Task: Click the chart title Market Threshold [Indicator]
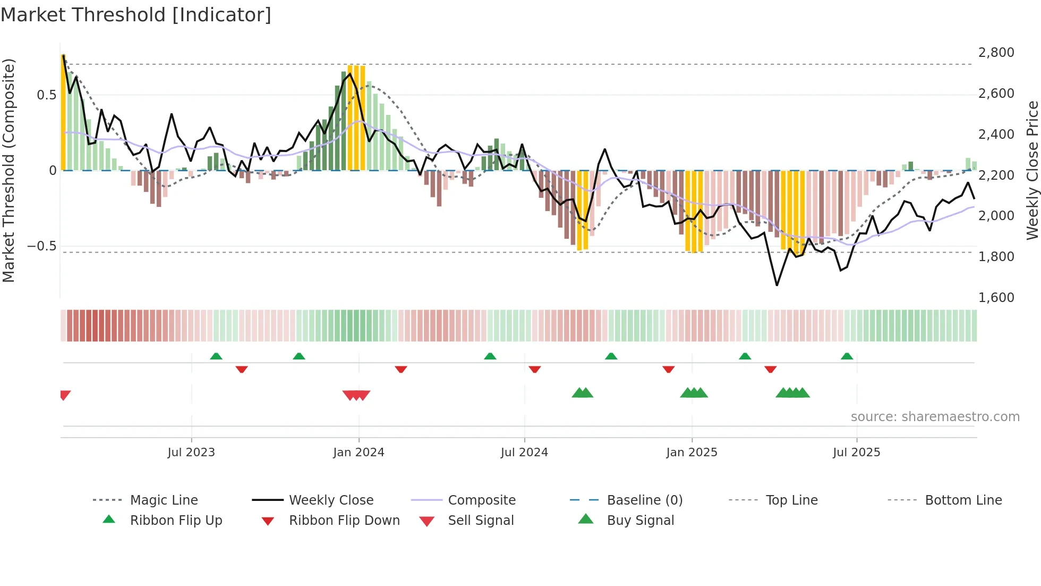click(x=136, y=15)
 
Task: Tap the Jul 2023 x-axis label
click(x=191, y=453)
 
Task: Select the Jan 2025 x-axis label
click(x=692, y=453)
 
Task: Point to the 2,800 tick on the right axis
click(x=996, y=53)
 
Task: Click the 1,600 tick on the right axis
click(x=996, y=297)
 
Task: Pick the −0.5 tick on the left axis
click(x=41, y=246)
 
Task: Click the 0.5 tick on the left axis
click(x=46, y=95)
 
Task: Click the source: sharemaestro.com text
click(x=935, y=417)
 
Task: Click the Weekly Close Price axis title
click(x=1032, y=170)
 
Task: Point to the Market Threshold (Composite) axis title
click(x=8, y=170)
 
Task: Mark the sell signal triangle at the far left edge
click(x=65, y=395)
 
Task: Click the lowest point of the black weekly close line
click(x=777, y=285)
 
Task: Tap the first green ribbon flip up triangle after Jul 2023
click(x=216, y=356)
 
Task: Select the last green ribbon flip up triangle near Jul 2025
click(x=847, y=356)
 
